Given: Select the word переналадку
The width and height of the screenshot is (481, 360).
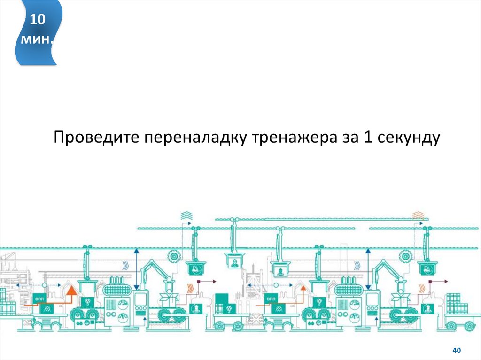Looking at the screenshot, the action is coord(197,138).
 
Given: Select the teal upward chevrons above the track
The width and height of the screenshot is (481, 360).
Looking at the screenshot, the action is coord(186,215).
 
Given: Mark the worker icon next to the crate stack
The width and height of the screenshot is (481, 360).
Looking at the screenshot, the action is coord(427,309).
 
